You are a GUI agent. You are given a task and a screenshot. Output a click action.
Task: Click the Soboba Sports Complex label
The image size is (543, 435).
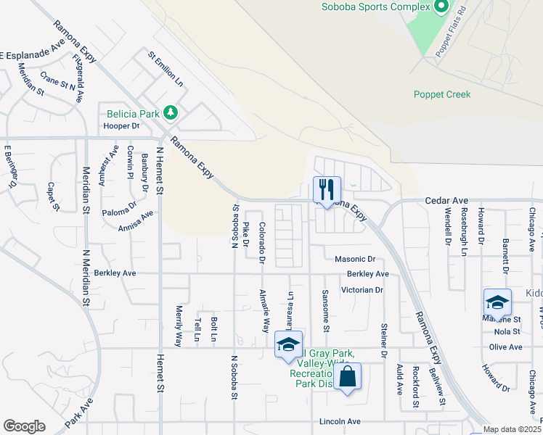(x=376, y=7)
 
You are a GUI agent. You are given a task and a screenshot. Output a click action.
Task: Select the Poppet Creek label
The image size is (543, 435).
(x=442, y=94)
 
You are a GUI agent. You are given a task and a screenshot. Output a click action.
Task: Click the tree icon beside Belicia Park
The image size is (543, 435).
(x=171, y=113)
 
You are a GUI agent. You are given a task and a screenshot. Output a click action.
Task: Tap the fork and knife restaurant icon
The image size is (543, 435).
(x=326, y=191)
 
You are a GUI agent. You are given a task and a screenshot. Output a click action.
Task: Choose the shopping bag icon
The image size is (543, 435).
(x=348, y=377)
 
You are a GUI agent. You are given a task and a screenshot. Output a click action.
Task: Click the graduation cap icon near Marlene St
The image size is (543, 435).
(x=497, y=302)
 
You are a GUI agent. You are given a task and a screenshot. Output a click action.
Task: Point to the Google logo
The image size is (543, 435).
(x=24, y=426)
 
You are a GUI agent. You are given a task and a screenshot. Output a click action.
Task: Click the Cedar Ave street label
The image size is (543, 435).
(x=446, y=200)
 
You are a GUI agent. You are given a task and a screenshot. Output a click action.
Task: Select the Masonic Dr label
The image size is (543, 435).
(x=354, y=259)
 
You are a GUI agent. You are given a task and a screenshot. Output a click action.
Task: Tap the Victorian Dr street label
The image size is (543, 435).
(x=361, y=289)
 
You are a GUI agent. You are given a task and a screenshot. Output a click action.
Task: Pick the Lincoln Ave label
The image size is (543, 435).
(x=340, y=421)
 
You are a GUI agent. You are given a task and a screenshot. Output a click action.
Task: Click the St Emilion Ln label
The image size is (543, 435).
(x=166, y=68)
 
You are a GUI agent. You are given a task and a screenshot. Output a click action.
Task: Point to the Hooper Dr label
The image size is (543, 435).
(x=121, y=125)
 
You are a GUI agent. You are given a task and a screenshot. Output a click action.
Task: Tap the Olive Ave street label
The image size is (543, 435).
(x=505, y=347)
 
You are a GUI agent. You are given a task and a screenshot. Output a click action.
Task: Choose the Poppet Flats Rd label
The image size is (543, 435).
(x=449, y=36)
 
